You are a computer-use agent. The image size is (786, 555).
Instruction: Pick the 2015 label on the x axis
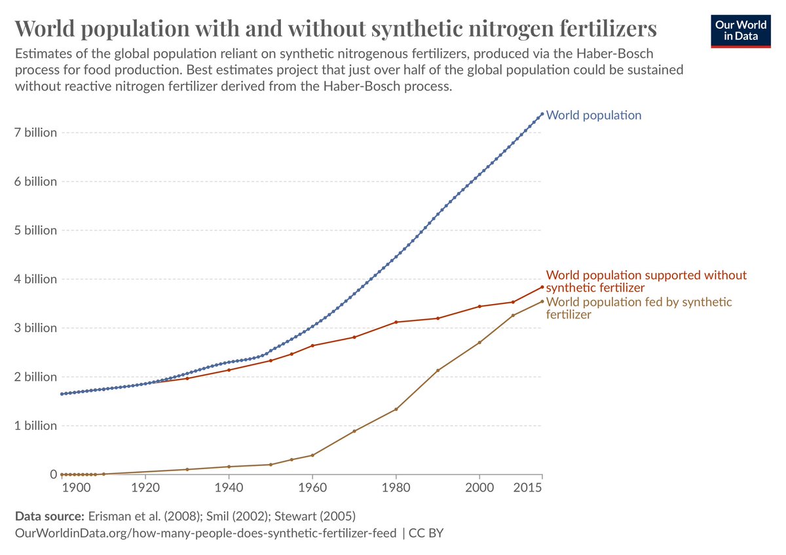528,488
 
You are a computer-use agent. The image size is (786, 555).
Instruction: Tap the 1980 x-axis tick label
396,488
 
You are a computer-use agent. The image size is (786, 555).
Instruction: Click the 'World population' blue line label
593,115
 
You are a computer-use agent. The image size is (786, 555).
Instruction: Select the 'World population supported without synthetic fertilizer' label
646,281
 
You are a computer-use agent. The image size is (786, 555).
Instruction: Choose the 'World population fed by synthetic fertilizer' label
639,308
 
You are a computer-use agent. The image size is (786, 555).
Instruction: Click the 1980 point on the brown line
396,410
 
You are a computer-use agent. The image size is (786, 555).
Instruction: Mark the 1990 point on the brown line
438,370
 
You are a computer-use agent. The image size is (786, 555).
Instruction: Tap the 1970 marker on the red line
354,337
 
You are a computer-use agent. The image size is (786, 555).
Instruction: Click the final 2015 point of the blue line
542,114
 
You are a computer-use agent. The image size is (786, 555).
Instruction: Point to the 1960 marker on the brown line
312,455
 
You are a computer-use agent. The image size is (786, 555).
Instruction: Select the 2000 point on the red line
479,307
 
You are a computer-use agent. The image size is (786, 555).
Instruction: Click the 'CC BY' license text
426,533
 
